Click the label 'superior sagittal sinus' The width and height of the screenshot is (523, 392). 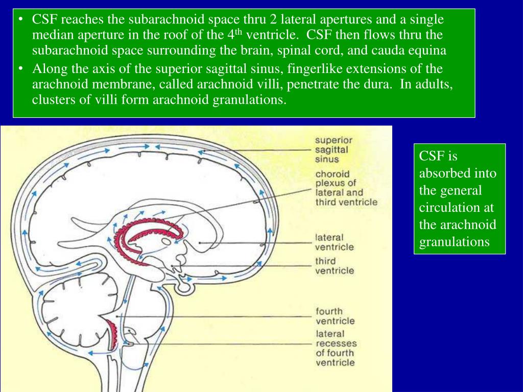(334, 150)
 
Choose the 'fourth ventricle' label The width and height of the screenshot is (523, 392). (335, 316)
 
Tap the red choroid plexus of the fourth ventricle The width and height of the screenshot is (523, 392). (112, 332)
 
